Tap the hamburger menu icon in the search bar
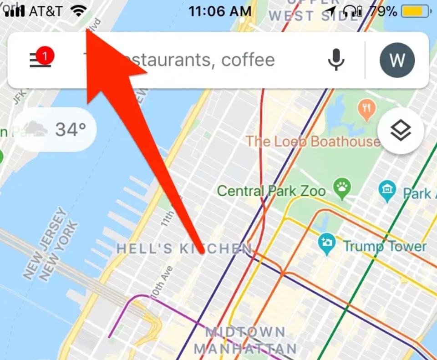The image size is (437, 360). pyautogui.click(x=40, y=61)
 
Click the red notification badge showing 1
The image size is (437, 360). pyautogui.click(x=45, y=56)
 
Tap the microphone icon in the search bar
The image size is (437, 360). pyautogui.click(x=336, y=60)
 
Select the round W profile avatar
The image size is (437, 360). pyautogui.click(x=397, y=60)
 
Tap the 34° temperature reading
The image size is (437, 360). pyautogui.click(x=71, y=130)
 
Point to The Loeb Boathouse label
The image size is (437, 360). pyautogui.click(x=313, y=141)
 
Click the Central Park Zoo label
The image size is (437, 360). pyautogui.click(x=271, y=190)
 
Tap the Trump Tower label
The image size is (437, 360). pyautogui.click(x=385, y=247)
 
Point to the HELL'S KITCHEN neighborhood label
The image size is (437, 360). pyautogui.click(x=184, y=248)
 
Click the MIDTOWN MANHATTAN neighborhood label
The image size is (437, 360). pyautogui.click(x=246, y=340)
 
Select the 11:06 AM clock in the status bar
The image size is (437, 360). pyautogui.click(x=220, y=11)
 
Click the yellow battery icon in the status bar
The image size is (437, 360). pyautogui.click(x=415, y=11)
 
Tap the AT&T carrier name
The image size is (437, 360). pyautogui.click(x=46, y=11)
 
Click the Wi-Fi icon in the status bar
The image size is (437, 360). pyautogui.click(x=79, y=11)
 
